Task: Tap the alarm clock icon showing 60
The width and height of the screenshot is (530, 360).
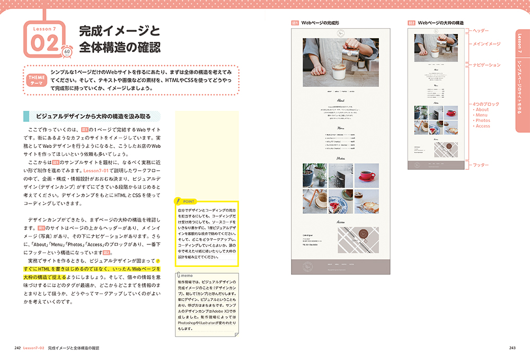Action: pyautogui.click(x=67, y=51)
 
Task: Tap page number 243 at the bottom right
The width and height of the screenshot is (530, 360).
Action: pyautogui.click(x=512, y=348)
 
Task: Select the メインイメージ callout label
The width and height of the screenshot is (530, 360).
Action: pyautogui.click(x=486, y=44)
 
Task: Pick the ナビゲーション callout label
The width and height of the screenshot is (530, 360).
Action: pyautogui.click(x=486, y=65)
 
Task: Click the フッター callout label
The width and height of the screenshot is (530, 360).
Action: pyautogui.click(x=480, y=165)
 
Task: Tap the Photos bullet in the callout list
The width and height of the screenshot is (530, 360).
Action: pyautogui.click(x=482, y=121)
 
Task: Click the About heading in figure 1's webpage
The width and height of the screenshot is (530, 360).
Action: pyautogui.click(x=341, y=100)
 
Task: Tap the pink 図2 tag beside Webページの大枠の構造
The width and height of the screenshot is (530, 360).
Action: pyautogui.click(x=411, y=23)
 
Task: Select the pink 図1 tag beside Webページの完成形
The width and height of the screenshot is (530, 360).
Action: pyautogui.click(x=295, y=23)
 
